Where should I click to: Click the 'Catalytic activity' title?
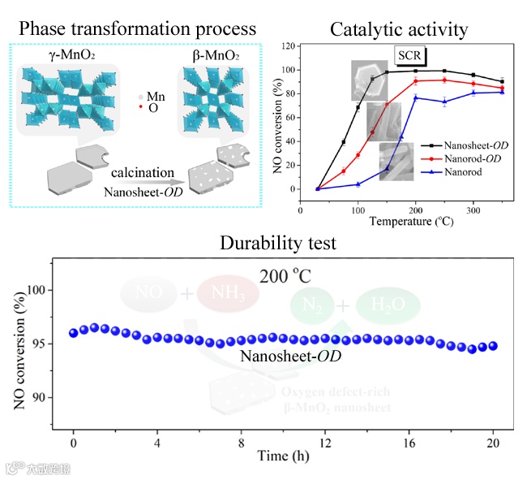tap(399, 30)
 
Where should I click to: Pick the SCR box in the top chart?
tap(409, 56)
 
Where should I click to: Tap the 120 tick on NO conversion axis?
tap(287, 46)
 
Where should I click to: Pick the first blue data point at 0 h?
tap(74, 332)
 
